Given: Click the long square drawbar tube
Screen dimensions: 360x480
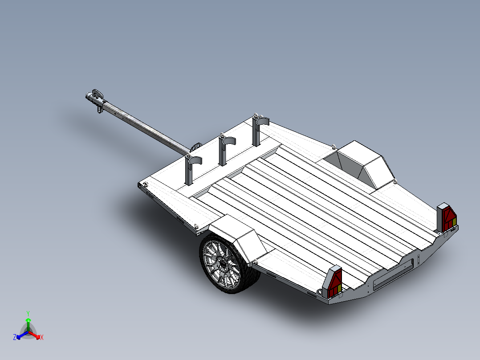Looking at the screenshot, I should point(142,127).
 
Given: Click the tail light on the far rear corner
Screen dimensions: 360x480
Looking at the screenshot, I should point(447,218).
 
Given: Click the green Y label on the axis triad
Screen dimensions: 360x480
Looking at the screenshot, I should point(28,313).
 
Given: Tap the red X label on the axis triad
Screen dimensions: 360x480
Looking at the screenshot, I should point(41,337).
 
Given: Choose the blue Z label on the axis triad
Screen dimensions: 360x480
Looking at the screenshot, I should point(15,337).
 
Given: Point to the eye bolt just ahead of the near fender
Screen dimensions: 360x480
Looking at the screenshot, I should point(197,226).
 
